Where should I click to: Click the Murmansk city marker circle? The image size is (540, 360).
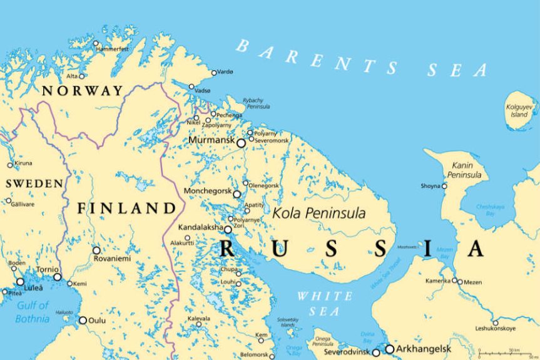(241, 143)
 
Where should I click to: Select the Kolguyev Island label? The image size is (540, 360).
(517, 111)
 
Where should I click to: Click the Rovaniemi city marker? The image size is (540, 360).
(96, 250)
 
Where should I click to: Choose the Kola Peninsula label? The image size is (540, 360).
(318, 213)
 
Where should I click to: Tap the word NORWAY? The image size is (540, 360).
(82, 91)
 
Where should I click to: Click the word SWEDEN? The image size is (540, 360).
(34, 184)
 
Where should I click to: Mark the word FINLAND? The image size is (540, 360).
(126, 208)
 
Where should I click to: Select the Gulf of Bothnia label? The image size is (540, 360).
(33, 312)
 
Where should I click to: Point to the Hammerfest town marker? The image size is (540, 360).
(96, 44)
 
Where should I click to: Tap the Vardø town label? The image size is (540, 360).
(225, 73)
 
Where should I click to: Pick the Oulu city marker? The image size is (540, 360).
(83, 320)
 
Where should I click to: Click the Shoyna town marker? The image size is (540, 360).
(444, 186)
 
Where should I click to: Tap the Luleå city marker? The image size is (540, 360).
(20, 282)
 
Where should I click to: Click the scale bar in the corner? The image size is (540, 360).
(506, 354)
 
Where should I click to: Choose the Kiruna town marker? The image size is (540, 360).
(10, 165)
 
